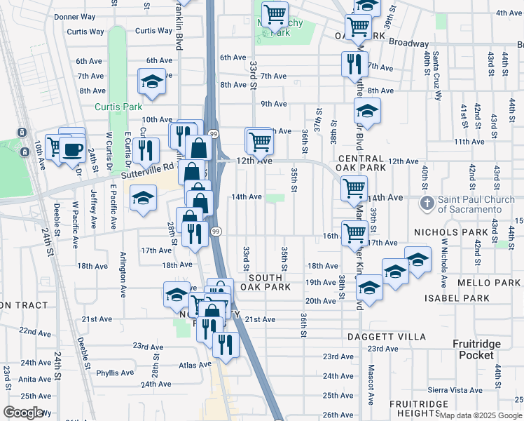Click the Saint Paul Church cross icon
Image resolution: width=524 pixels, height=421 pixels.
tap(427, 203)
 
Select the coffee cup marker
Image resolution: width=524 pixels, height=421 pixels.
tap(73, 149)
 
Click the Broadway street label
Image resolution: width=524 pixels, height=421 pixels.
tap(409, 44)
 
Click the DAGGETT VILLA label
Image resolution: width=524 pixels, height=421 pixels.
tap(386, 337)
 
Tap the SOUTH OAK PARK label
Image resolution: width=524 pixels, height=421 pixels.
tap(261, 282)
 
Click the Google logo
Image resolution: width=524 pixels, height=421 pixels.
tap(24, 412)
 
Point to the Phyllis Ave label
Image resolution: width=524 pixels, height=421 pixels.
tap(113, 373)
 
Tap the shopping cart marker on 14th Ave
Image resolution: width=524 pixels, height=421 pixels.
tap(354, 188)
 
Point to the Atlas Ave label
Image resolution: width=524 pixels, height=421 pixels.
tap(195, 365)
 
